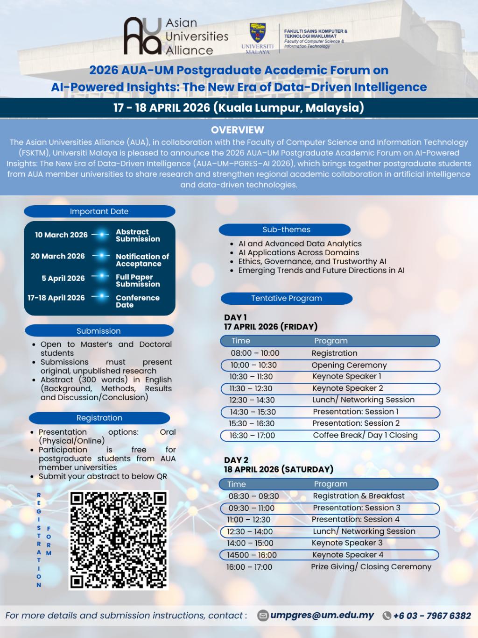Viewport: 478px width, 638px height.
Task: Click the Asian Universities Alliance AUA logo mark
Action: (142, 36)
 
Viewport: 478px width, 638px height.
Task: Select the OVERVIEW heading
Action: (238, 130)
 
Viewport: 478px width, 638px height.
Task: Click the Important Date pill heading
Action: (99, 211)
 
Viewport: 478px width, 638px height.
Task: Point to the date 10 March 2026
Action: (61, 235)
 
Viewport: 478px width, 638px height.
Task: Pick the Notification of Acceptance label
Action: (142, 260)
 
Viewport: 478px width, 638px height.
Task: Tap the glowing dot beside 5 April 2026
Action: (100, 277)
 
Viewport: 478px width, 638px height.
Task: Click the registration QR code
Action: (118, 539)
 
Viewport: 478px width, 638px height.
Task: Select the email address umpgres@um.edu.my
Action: (322, 615)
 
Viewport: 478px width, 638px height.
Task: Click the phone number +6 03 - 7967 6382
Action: (432, 616)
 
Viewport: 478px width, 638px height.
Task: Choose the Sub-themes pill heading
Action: (286, 229)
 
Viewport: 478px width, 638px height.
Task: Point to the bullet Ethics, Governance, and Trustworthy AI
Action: (312, 261)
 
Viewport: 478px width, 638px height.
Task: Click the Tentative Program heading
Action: (286, 298)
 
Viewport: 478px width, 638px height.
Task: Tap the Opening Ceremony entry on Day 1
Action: (349, 365)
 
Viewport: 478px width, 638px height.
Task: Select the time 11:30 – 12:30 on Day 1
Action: (251, 388)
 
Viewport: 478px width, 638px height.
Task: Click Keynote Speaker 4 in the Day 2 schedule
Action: (348, 555)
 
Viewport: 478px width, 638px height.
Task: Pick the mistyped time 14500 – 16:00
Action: (252, 555)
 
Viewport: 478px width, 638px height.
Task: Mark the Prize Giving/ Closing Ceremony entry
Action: (371, 566)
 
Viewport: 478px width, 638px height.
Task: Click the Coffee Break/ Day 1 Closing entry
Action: (365, 435)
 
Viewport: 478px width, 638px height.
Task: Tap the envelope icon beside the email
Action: (263, 616)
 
